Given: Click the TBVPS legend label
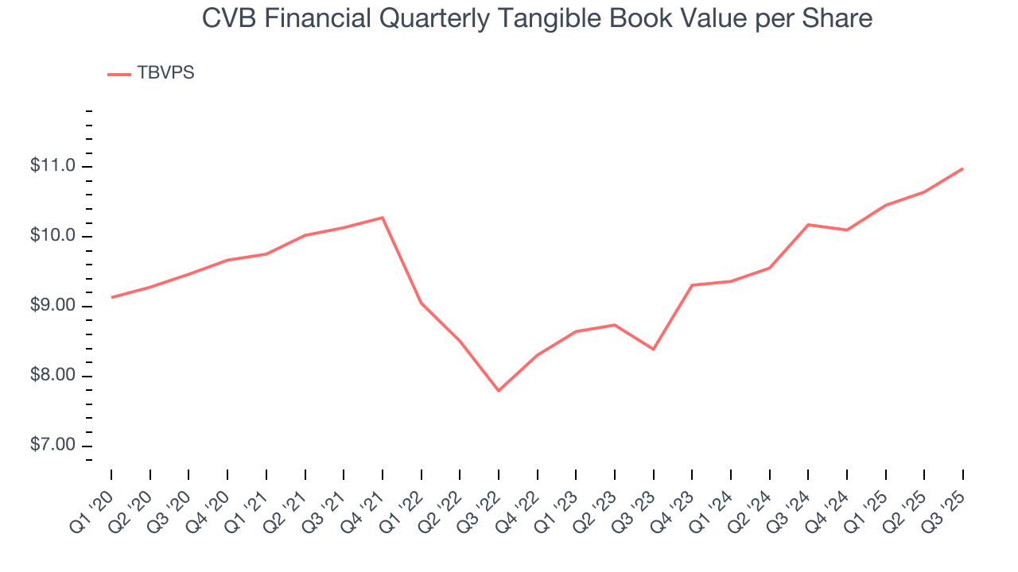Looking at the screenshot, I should (165, 73).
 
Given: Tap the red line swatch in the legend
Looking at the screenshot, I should (119, 74).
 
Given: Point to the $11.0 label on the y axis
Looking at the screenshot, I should (52, 166).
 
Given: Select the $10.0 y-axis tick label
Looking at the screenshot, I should (52, 236).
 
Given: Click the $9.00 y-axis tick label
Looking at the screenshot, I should (52, 306).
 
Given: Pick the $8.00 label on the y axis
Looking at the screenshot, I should (52, 376).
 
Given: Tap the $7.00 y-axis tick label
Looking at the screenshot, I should (52, 446).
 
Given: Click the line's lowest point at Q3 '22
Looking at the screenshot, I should (499, 391).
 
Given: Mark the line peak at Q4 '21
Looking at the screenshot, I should (383, 218).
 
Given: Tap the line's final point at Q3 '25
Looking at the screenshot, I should (963, 168).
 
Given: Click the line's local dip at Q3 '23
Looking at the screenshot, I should (653, 349).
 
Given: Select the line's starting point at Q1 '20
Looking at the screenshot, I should (111, 297).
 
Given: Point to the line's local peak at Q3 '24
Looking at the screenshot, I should (808, 225).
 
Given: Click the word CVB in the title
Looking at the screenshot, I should (226, 17).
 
